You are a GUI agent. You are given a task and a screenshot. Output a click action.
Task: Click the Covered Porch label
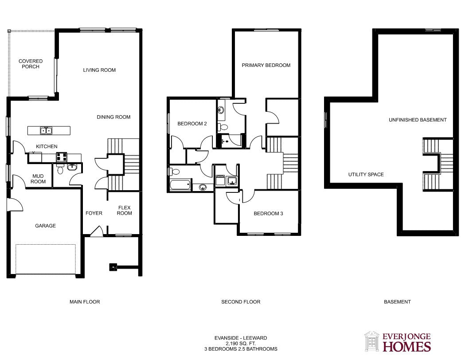click(31, 64)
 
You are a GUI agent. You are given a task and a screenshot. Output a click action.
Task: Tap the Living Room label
click(99, 70)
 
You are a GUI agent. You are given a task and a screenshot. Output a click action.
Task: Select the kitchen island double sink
click(46, 130)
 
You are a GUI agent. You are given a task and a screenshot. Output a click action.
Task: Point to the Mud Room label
click(38, 179)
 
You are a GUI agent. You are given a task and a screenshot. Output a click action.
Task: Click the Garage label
click(45, 226)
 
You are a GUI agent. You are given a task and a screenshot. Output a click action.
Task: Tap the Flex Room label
click(124, 210)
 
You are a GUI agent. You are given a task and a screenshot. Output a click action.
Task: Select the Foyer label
click(94, 213)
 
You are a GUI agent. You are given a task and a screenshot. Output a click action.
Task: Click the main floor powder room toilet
click(60, 170)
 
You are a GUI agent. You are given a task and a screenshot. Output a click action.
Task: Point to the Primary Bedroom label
click(266, 65)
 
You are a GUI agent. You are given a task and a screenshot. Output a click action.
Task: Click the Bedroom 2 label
click(192, 124)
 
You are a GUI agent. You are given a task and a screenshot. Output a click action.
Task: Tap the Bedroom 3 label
click(268, 214)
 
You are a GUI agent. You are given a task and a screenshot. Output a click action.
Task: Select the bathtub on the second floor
click(180, 185)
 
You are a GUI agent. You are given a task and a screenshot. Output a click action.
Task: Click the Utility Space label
click(366, 174)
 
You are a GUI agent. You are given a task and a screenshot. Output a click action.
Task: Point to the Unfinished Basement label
click(418, 120)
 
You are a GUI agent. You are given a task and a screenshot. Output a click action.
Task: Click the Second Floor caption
click(241, 302)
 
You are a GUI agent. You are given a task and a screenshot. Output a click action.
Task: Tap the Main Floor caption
click(85, 302)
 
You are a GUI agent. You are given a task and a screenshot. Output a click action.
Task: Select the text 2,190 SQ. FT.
click(241, 344)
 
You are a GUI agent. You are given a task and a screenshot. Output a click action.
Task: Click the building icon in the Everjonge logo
click(372, 341)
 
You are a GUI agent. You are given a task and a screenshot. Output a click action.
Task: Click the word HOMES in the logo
click(407, 346)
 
